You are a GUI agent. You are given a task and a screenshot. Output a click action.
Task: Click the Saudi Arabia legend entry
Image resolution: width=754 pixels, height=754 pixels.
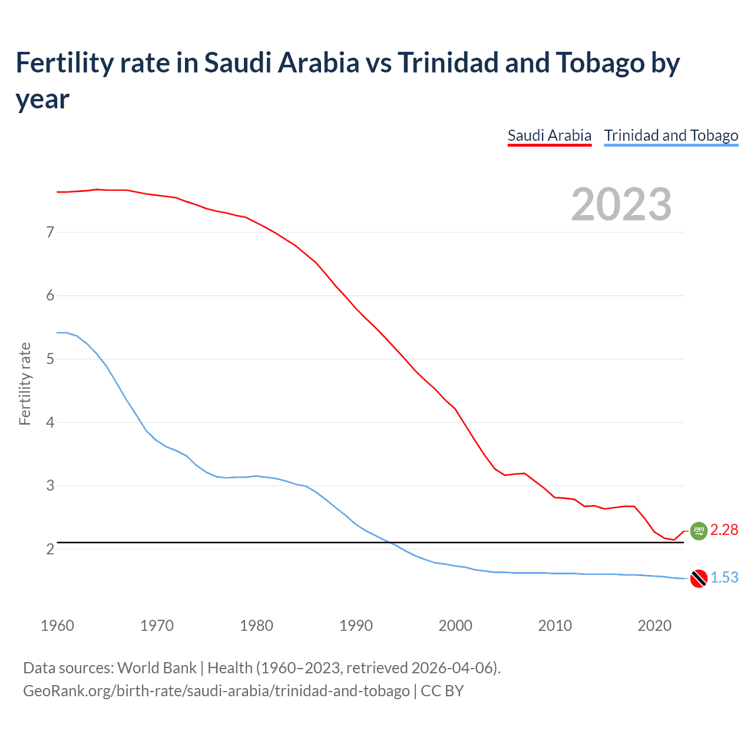549,135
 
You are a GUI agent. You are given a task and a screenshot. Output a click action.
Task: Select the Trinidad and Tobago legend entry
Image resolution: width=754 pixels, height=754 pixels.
671,135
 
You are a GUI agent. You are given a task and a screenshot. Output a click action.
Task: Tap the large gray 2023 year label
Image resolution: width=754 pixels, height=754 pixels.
621,204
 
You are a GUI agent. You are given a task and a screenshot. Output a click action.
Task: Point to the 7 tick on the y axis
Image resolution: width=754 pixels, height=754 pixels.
50,232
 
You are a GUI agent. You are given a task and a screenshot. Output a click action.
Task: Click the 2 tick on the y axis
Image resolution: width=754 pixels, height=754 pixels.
50,549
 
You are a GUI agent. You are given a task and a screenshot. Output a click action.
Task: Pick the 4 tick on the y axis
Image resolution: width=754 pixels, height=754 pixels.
50,422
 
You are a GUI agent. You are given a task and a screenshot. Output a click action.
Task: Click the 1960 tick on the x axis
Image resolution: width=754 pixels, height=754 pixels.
57,626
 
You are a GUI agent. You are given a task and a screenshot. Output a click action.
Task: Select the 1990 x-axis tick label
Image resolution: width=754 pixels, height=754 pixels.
356,626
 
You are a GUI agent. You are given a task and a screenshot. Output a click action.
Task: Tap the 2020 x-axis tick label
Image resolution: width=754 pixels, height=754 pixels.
654,626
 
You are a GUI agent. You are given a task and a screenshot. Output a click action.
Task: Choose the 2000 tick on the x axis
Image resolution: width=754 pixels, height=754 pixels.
455,626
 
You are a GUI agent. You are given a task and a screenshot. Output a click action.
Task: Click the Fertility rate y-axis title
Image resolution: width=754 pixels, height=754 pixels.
25,384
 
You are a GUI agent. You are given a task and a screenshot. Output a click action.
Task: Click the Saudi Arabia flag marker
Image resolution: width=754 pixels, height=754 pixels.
699,531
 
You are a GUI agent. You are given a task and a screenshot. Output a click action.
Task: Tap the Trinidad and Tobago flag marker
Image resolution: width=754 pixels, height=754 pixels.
699,578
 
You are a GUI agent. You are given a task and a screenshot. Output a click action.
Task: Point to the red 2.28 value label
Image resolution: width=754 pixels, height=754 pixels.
724,530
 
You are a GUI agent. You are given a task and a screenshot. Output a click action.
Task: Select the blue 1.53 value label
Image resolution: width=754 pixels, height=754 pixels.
724,578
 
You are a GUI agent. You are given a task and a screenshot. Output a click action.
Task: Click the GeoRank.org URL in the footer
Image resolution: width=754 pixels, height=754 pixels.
216,690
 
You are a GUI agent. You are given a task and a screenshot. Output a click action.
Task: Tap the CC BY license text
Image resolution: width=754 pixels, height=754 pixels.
442,690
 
